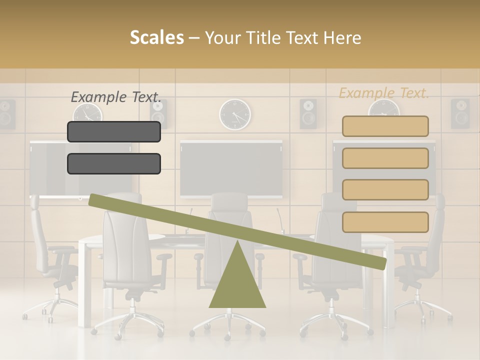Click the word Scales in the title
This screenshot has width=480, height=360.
pyautogui.click(x=156, y=37)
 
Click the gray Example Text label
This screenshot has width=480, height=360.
pyautogui.click(x=116, y=97)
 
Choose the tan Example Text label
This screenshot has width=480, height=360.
pyautogui.click(x=384, y=93)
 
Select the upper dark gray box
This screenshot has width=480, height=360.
pyautogui.click(x=114, y=131)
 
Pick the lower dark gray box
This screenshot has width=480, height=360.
pyautogui.click(x=114, y=163)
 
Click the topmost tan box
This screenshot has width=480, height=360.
pyautogui.click(x=385, y=126)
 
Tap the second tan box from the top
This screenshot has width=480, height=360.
pyautogui.click(x=385, y=158)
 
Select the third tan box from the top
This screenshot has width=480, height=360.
pyautogui.click(x=385, y=189)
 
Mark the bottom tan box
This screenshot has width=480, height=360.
pyautogui.click(x=385, y=222)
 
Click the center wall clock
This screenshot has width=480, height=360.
pyautogui.click(x=235, y=114)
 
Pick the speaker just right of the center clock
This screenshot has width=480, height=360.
pyautogui.click(x=308, y=113)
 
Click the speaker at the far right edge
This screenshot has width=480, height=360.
pyautogui.click(x=460, y=113)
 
